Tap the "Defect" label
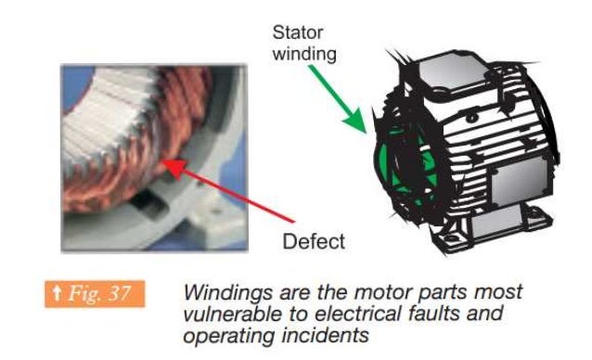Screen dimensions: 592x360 313,242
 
